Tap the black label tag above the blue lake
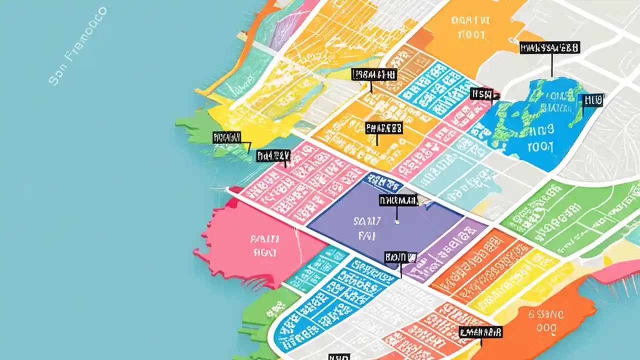[549, 48]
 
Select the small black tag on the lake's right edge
[593, 100]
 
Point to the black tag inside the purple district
[398, 200]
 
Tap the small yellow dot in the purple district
[397, 221]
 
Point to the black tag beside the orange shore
[480, 331]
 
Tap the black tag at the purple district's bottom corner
[400, 257]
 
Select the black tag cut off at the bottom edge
[338, 357]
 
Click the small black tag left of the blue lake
[482, 93]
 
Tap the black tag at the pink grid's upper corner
[273, 155]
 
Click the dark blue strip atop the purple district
[382, 182]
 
